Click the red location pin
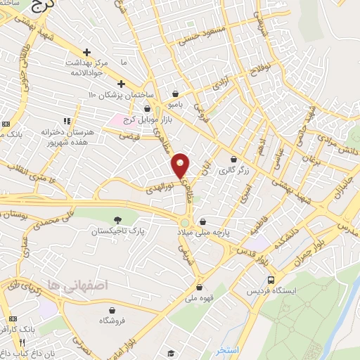pos(181,165)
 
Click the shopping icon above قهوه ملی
pos(200,286)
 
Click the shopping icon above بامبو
pos(175,94)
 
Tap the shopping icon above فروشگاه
pos(112,310)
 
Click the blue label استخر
pos(229,349)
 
